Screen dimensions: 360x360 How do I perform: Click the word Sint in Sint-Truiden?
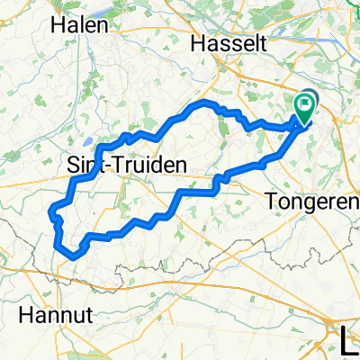pyautogui.click(x=84, y=165)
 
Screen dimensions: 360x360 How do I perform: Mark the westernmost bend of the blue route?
pyautogui.click(x=49, y=214)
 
